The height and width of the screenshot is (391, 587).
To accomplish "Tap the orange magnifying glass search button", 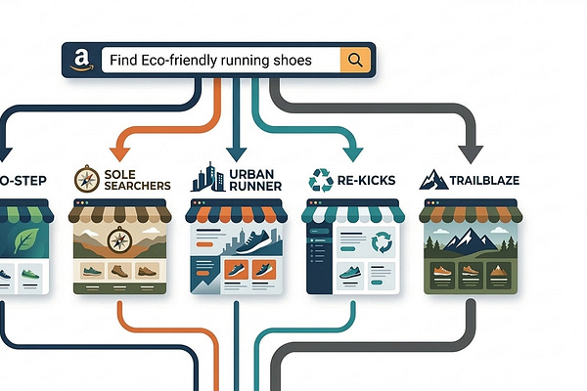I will pyautogui.click(x=353, y=61).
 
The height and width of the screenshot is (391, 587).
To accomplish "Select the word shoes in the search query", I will pyautogui.click(x=291, y=61).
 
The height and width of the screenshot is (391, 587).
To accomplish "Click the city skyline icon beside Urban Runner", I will pyautogui.click(x=206, y=178).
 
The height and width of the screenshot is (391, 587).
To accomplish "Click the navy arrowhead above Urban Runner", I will pyautogui.click(x=235, y=152).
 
